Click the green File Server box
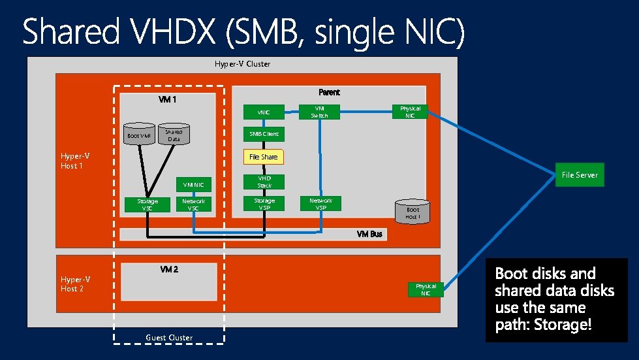coord(580,174)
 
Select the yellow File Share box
coord(264,157)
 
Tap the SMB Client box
coord(264,134)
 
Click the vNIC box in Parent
coord(264,112)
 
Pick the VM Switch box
coord(320,112)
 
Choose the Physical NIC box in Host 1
coord(410,112)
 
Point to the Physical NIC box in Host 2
coord(426,289)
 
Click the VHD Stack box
coord(264,182)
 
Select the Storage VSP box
coord(264,205)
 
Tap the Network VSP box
coord(320,205)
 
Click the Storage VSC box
coord(147,205)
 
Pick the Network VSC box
coord(193,205)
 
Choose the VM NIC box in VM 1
coord(193,185)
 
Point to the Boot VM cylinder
coord(138,136)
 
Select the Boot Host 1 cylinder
coord(413,212)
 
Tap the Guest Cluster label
coord(169,338)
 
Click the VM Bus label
coord(369,234)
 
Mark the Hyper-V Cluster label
coord(242,64)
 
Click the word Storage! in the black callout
coord(562,325)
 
